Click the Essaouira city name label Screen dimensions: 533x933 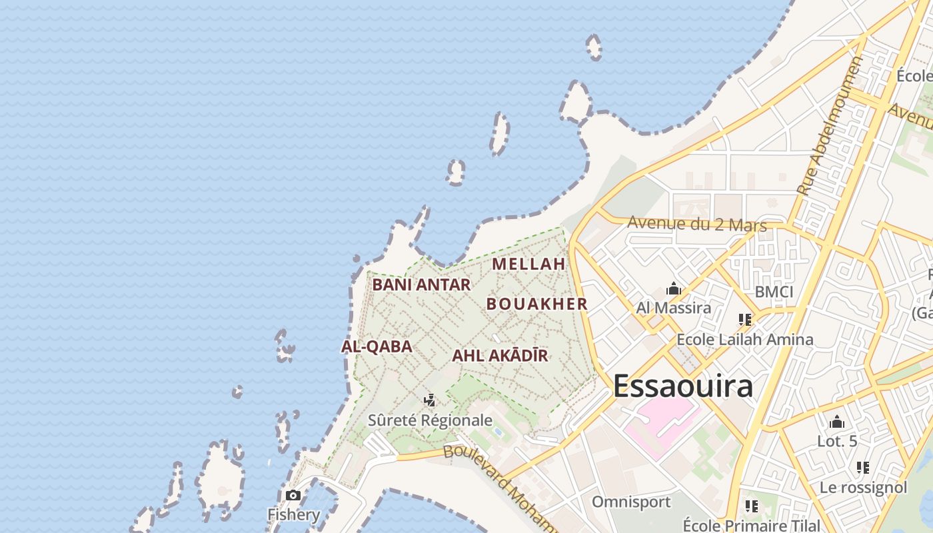[682, 386]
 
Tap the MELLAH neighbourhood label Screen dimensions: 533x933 [528, 264]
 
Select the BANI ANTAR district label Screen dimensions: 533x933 [421, 284]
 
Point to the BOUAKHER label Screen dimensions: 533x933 [536, 304]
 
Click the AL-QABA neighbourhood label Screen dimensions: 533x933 [377, 346]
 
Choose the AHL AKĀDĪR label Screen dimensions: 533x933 [500, 355]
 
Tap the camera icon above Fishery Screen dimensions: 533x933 [293, 496]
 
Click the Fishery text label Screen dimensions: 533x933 [294, 514]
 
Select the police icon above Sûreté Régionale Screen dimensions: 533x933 [430, 400]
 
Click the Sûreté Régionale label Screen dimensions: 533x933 [430, 420]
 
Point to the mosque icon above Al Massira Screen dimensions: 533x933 [673, 289]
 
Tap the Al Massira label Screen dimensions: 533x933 [673, 308]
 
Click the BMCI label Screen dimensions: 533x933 [774, 292]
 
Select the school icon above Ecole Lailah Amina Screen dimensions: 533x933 [744, 320]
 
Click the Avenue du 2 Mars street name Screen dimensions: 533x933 [697, 224]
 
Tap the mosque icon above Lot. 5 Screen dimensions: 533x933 [837, 422]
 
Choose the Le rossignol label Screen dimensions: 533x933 [863, 488]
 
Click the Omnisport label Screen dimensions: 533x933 [631, 502]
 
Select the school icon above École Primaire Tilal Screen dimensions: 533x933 [752, 506]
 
